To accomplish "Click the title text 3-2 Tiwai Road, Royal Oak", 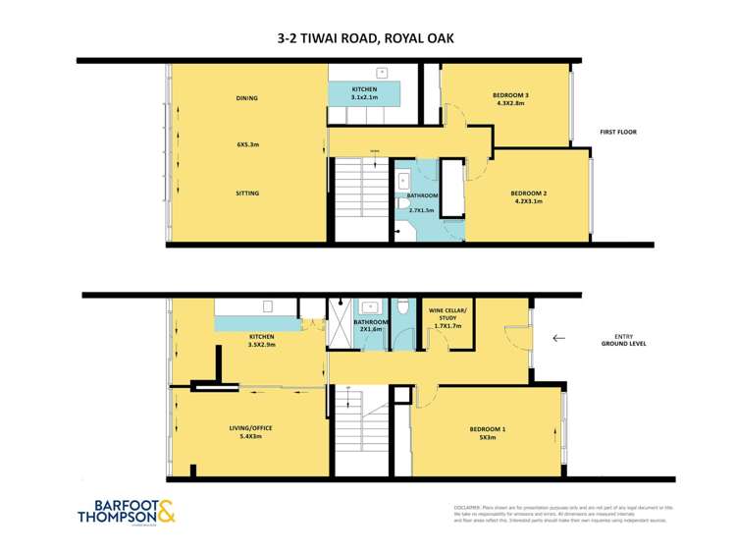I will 366,39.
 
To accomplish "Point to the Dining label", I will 246,98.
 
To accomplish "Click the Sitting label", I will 247,194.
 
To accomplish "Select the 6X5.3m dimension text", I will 247,144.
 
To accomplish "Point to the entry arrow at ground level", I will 558,338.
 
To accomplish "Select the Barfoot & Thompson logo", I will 128,515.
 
